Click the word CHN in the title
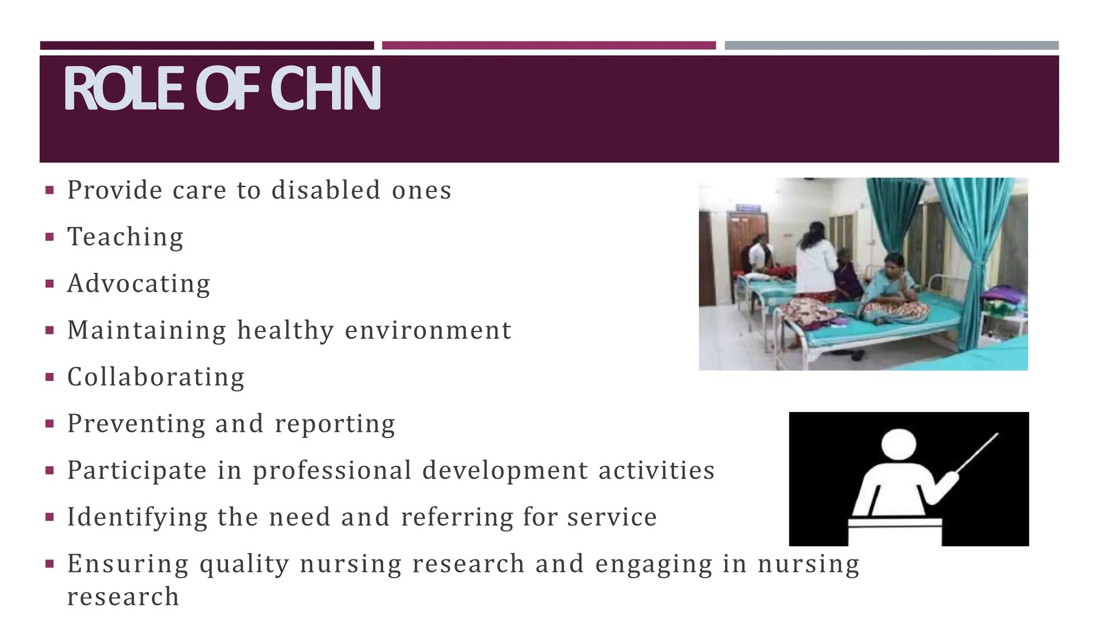326,89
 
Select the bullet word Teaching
125,237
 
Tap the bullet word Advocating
138,284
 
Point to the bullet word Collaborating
156,377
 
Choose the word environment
428,330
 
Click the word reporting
335,424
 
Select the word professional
332,471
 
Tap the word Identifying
137,518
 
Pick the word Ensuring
128,564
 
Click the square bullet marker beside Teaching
50,237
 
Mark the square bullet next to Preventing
50,424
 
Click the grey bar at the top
891,46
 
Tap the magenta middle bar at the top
548,46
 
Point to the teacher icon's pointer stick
977,453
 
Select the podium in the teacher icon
895,532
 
